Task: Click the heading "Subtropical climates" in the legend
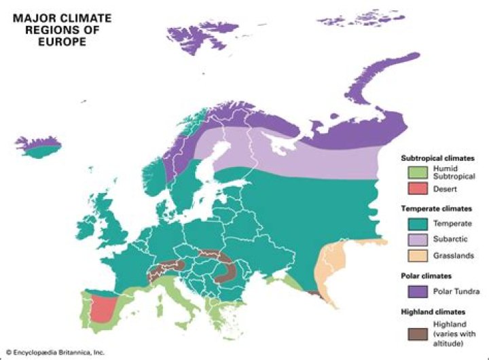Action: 437,158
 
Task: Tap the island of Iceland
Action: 39,144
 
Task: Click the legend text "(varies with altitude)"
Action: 446,341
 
